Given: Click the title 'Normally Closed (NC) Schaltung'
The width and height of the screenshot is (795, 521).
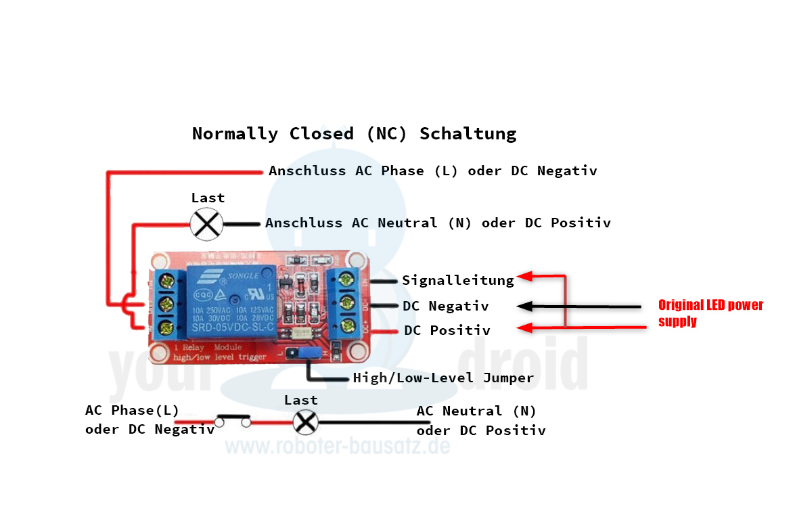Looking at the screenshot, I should tap(354, 133).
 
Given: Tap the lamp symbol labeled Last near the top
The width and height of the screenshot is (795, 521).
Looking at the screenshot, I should tap(206, 223).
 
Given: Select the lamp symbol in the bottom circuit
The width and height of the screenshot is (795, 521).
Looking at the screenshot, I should tap(305, 422).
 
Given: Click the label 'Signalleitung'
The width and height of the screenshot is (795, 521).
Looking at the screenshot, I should tap(457, 279).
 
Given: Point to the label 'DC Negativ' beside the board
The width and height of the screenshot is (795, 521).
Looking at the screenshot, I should tap(445, 307).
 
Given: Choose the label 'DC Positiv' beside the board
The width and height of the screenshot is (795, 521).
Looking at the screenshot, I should tap(447, 330).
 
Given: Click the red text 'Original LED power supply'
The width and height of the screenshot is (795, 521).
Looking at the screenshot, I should tap(710, 313).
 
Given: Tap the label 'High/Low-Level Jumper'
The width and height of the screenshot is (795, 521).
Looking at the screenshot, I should tap(443, 378).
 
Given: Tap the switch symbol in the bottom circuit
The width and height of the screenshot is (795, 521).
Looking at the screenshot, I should tap(233, 421).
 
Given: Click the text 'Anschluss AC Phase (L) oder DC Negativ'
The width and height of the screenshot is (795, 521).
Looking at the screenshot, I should tap(432, 171).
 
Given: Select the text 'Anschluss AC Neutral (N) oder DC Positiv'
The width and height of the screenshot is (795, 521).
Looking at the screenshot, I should tap(438, 223).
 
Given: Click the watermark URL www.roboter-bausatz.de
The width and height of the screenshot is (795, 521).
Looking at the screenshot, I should tap(337, 447).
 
